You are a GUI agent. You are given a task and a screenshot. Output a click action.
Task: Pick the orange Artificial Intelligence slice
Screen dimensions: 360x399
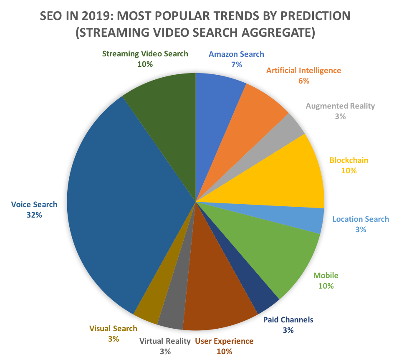pyautogui.click(x=250, y=121)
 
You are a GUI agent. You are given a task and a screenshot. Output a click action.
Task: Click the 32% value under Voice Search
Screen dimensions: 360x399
pyautogui.click(x=34, y=215)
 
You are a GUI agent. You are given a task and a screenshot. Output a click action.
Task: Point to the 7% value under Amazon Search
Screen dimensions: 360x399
pyautogui.click(x=237, y=64)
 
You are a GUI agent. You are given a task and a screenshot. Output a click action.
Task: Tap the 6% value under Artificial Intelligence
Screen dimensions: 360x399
pyautogui.click(x=303, y=81)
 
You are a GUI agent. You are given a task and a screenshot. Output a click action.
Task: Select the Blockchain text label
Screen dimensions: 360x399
pyautogui.click(x=348, y=160)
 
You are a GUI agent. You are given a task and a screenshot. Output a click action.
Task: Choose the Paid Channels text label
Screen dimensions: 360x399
pyautogui.click(x=288, y=320)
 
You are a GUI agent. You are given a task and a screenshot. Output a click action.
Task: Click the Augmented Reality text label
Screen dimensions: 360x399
pyautogui.click(x=340, y=106)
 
